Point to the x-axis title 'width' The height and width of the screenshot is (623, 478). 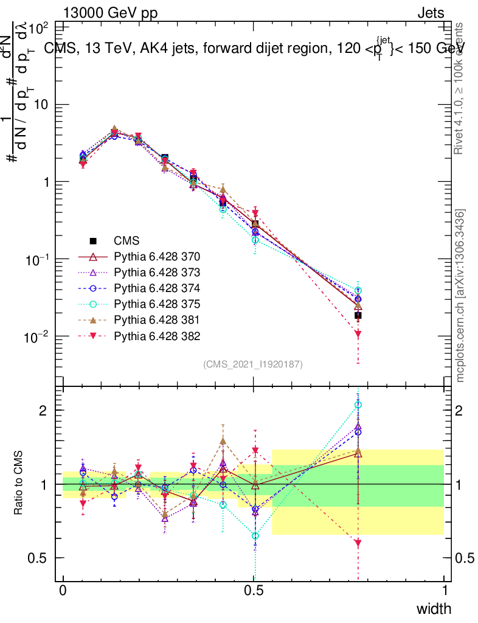(x=433, y=609)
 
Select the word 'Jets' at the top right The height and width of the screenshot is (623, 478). (x=430, y=13)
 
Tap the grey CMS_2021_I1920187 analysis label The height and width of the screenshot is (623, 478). (x=253, y=364)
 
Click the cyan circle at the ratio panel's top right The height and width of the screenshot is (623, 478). (x=358, y=405)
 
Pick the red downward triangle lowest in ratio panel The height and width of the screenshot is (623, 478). (x=358, y=542)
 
